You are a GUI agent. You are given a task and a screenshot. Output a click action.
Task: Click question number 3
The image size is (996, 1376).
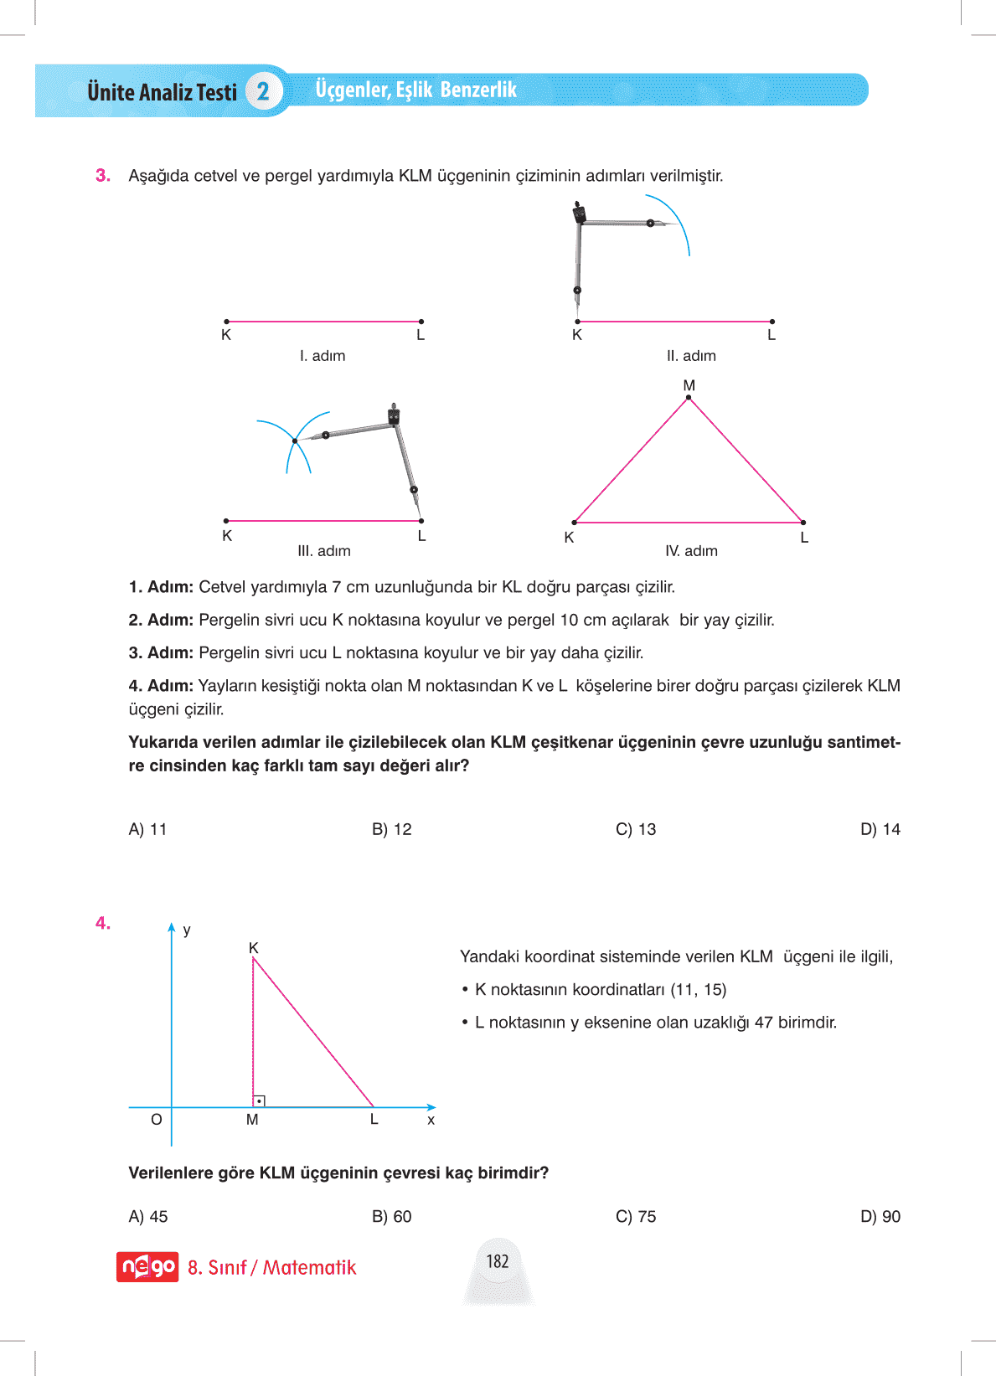[103, 176]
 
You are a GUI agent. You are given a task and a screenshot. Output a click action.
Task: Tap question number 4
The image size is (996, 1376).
[103, 923]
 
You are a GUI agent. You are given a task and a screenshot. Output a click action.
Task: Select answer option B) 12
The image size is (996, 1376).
[391, 829]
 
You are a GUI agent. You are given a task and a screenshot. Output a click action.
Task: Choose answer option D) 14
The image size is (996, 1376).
[880, 829]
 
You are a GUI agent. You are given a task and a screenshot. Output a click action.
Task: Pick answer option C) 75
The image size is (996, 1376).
[635, 1216]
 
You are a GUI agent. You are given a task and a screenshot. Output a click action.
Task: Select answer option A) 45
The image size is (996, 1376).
[147, 1216]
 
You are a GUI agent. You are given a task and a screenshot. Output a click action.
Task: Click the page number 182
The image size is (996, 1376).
[498, 1261]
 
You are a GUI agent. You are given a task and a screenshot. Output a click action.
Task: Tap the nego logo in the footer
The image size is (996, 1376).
[147, 1267]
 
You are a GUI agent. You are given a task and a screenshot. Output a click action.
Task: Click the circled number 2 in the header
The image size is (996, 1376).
[263, 91]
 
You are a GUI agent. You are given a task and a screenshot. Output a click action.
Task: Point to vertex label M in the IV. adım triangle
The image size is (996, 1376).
[689, 385]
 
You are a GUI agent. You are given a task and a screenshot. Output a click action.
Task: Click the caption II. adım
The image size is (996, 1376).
[691, 356]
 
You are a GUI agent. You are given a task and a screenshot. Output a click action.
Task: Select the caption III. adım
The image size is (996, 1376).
[324, 551]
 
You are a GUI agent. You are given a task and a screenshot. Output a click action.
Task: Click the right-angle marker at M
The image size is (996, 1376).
[260, 1100]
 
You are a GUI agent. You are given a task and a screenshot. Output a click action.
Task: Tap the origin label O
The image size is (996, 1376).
[157, 1120]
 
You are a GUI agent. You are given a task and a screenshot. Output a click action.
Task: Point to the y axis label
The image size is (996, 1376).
[187, 930]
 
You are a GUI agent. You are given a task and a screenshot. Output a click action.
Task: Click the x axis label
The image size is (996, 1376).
[431, 1120]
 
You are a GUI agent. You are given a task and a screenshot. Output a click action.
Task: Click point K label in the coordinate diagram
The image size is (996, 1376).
[253, 947]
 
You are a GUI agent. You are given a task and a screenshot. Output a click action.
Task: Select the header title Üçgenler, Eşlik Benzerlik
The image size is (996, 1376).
[415, 90]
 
